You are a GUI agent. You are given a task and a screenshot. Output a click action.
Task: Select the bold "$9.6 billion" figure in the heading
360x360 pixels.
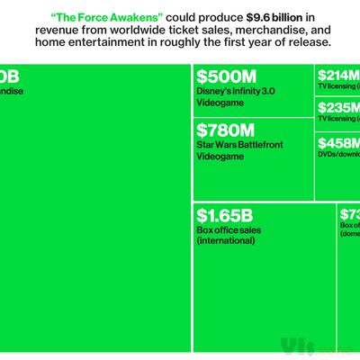247,15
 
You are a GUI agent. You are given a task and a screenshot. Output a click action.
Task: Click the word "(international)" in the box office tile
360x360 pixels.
227,240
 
